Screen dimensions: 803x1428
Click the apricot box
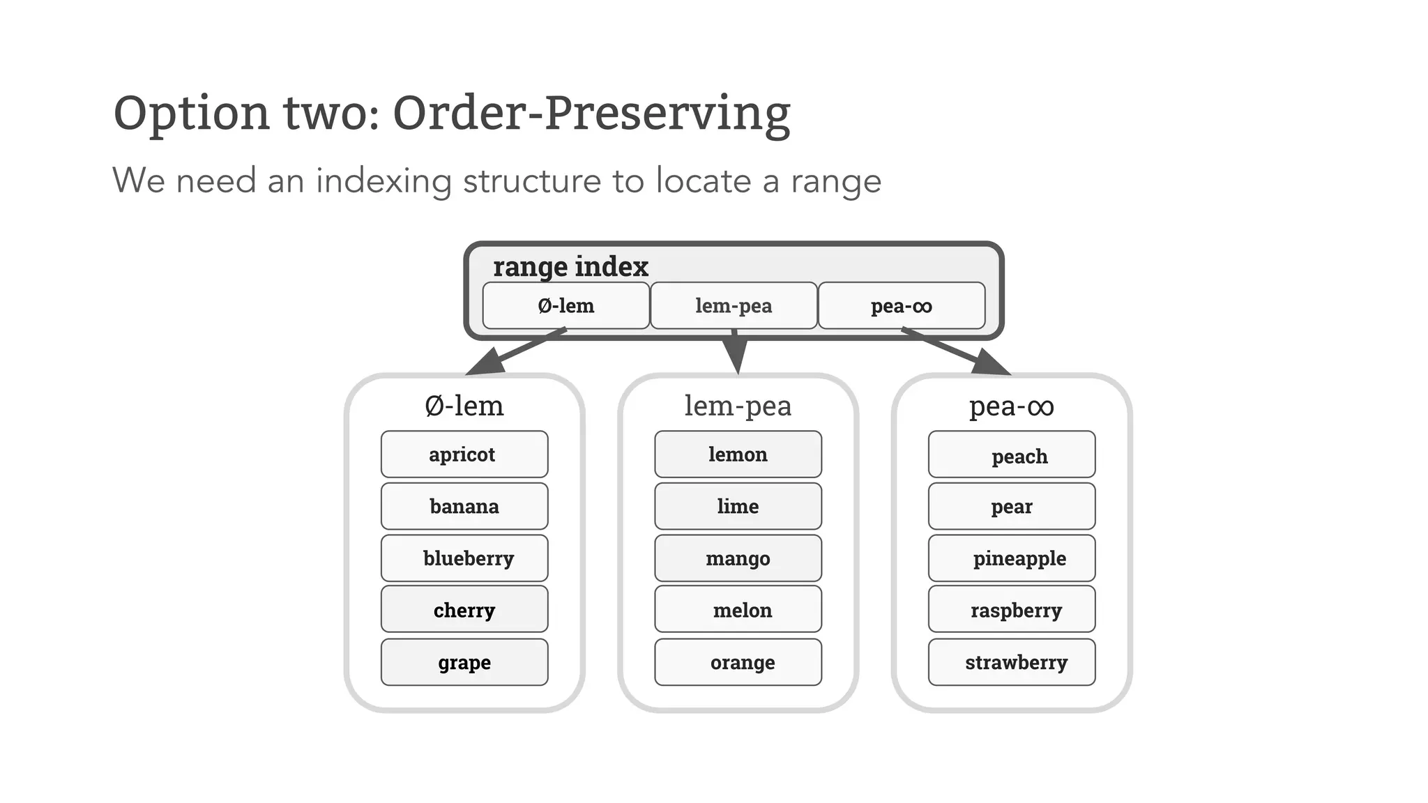(464, 454)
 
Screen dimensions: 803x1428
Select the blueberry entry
(464, 558)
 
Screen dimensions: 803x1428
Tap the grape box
(464, 662)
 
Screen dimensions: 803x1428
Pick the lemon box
(738, 454)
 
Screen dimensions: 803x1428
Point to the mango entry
(738, 558)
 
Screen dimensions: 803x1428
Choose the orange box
(738, 662)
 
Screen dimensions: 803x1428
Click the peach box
(1012, 454)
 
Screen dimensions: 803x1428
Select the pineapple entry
(1012, 558)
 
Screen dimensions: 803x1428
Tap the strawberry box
(1012, 662)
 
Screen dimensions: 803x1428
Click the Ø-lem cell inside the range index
(566, 306)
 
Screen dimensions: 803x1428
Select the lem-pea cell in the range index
(734, 306)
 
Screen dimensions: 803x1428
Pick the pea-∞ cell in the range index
(901, 306)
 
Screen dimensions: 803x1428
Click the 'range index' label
(570, 266)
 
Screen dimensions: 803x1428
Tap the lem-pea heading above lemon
(738, 406)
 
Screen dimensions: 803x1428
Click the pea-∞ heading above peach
(1012, 406)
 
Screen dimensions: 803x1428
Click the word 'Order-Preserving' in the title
(591, 113)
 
